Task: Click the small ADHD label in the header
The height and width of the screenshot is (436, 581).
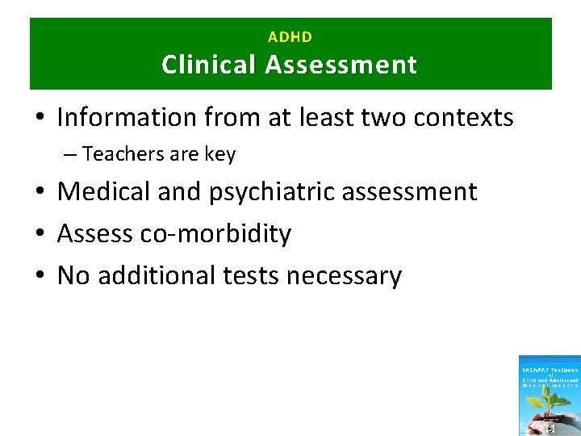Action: tap(290, 37)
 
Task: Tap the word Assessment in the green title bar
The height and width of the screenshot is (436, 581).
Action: tap(341, 65)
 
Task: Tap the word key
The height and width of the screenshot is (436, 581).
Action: tap(220, 154)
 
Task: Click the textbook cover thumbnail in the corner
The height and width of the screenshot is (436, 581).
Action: tap(550, 396)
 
